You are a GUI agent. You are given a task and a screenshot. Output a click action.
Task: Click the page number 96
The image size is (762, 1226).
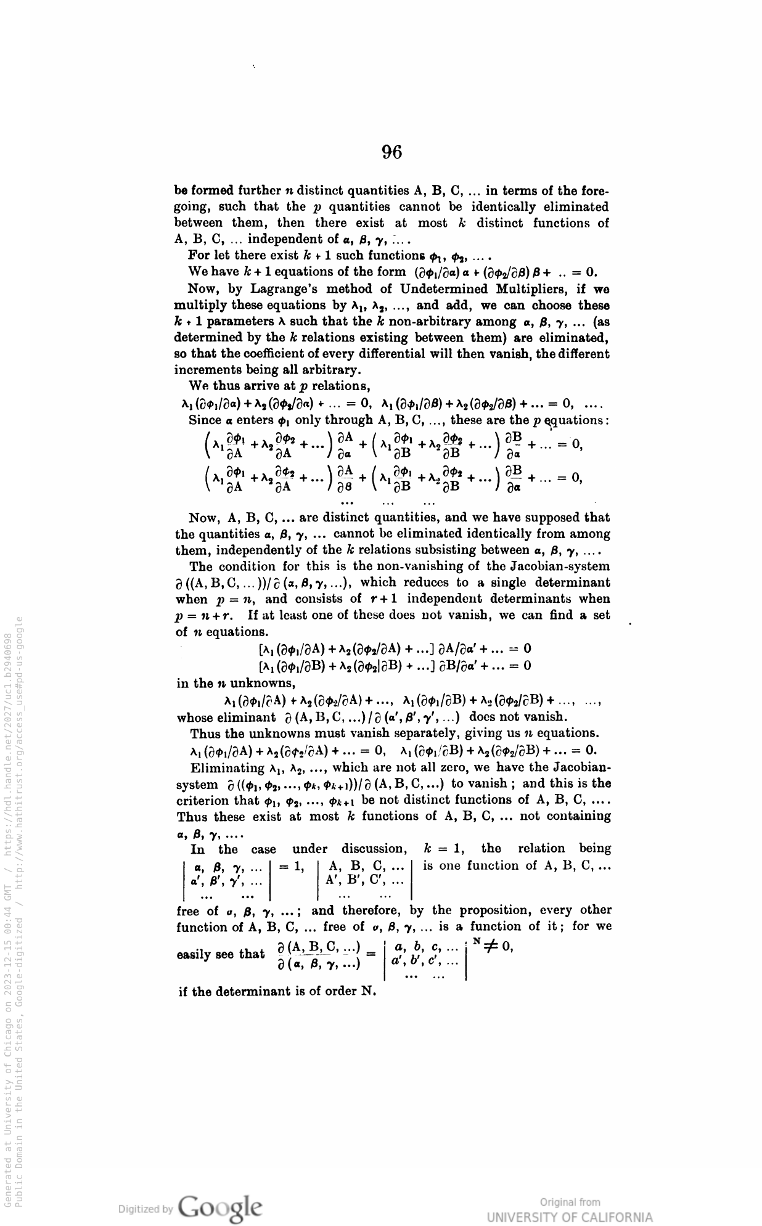(x=391, y=152)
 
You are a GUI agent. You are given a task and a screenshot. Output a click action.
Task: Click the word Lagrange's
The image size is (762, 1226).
(x=285, y=288)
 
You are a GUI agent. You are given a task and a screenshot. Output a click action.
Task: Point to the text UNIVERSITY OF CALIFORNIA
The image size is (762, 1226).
(x=569, y=1217)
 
